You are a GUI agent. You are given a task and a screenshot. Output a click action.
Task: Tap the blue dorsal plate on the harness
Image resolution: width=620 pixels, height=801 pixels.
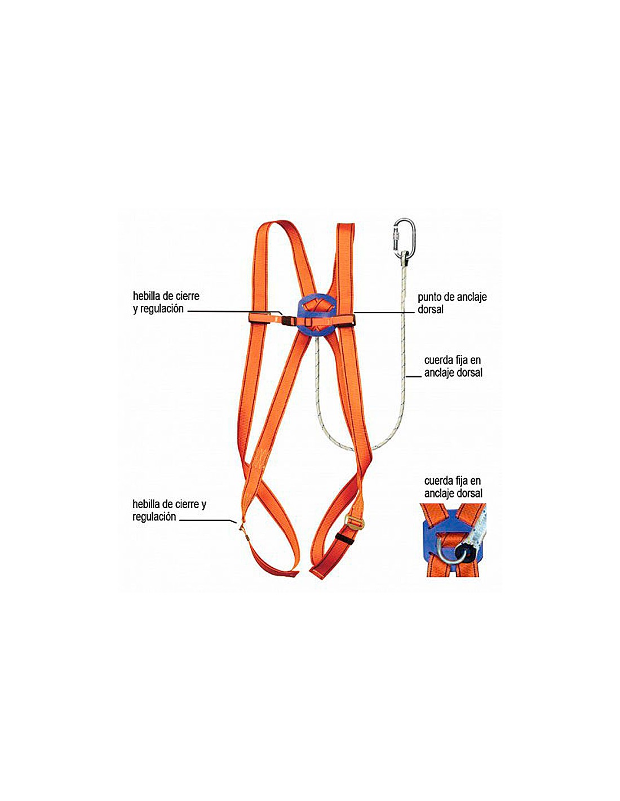click(x=317, y=316)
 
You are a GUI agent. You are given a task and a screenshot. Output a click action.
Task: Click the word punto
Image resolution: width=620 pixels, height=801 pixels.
click(x=431, y=297)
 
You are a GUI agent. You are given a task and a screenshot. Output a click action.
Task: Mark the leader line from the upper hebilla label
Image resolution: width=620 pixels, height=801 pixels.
click(x=231, y=310)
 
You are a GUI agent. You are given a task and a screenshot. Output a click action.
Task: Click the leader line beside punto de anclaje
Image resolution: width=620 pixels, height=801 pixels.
click(x=383, y=312)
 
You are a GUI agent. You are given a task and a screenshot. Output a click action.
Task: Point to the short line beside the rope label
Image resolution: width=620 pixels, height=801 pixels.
click(x=414, y=376)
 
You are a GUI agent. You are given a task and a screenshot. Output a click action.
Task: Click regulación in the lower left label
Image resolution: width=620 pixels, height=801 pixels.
click(x=154, y=517)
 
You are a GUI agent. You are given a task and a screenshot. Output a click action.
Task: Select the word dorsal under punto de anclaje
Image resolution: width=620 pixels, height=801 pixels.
click(x=431, y=309)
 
